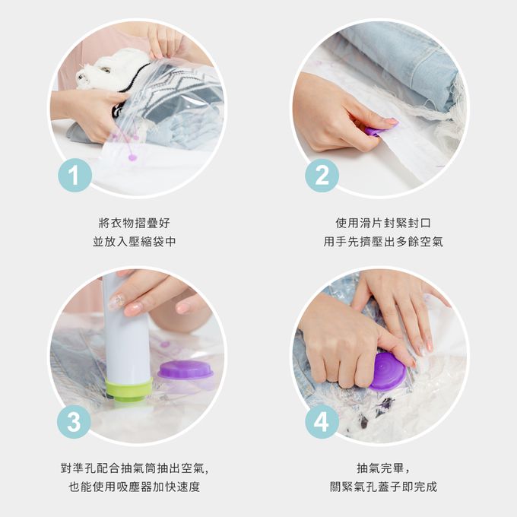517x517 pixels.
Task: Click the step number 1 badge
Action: [x=75, y=175]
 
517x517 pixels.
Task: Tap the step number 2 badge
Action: [x=322, y=175]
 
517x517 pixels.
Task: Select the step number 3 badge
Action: [x=75, y=422]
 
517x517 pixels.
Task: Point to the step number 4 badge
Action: [x=322, y=422]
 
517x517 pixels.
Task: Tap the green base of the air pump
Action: [x=129, y=390]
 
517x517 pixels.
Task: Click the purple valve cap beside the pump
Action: [x=186, y=370]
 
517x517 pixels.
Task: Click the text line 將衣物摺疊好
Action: [x=135, y=224]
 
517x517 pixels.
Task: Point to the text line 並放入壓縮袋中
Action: [x=135, y=242]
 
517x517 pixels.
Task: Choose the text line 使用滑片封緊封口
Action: [x=383, y=224]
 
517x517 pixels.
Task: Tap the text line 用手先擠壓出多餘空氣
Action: [x=383, y=242]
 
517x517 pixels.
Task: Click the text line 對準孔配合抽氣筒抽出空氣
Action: [x=135, y=468]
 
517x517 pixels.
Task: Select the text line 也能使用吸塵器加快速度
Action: [x=135, y=487]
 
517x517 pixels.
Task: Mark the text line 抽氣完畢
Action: [x=383, y=468]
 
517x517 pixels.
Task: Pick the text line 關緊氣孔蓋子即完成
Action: [x=383, y=487]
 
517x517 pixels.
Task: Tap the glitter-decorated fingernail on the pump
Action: [x=116, y=301]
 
